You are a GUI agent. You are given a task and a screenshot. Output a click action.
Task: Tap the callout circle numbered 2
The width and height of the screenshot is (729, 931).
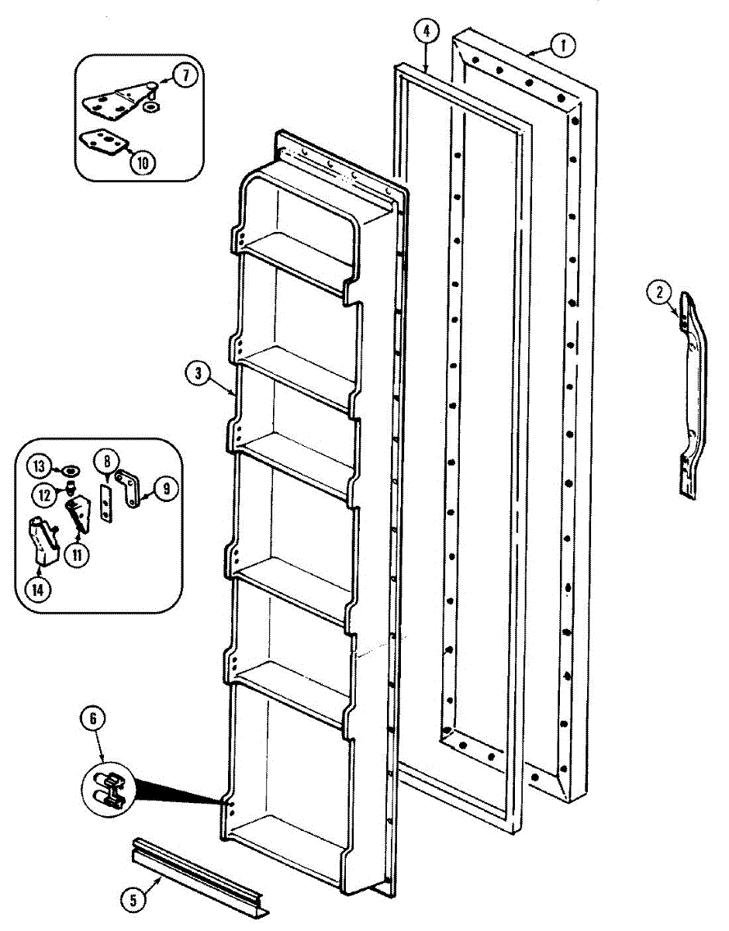(658, 292)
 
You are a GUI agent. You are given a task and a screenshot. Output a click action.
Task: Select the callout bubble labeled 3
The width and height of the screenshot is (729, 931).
(199, 373)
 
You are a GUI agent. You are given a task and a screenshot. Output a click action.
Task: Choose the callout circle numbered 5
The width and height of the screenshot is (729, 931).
(133, 900)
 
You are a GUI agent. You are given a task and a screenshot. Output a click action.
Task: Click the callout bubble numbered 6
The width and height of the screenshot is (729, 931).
(93, 719)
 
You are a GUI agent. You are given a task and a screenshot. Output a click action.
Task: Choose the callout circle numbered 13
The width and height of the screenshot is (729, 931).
(39, 467)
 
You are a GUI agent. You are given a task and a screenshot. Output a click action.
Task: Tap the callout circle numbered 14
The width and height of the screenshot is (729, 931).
(37, 589)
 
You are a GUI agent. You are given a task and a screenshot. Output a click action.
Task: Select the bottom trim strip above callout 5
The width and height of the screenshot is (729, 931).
(200, 877)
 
